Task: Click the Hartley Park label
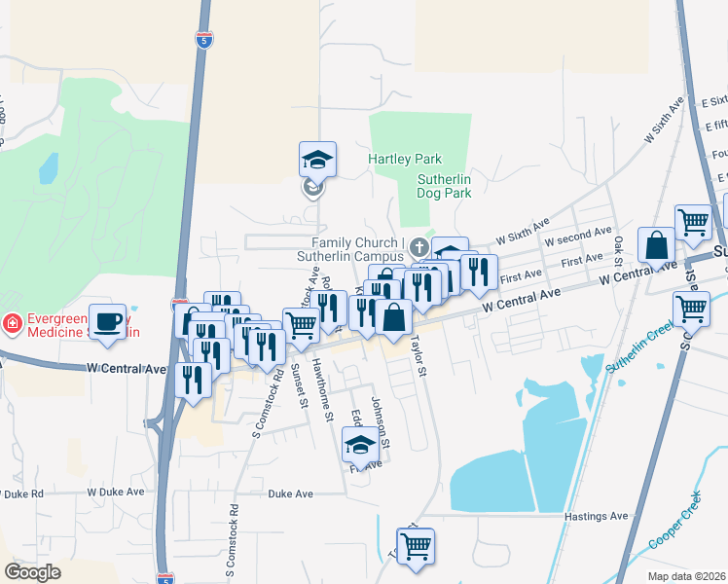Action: [405, 159]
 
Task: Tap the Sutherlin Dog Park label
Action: [444, 186]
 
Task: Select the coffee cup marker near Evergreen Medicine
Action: [107, 321]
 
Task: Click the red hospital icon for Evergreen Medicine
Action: [13, 323]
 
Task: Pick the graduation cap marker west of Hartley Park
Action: [317, 159]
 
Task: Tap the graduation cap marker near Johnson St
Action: [360, 447]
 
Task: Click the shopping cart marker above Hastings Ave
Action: [416, 546]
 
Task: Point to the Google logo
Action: [32, 572]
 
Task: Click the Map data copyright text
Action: [687, 576]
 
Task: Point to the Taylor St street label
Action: [419, 357]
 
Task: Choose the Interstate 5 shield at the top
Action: [202, 40]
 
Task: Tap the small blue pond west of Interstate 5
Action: [48, 168]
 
